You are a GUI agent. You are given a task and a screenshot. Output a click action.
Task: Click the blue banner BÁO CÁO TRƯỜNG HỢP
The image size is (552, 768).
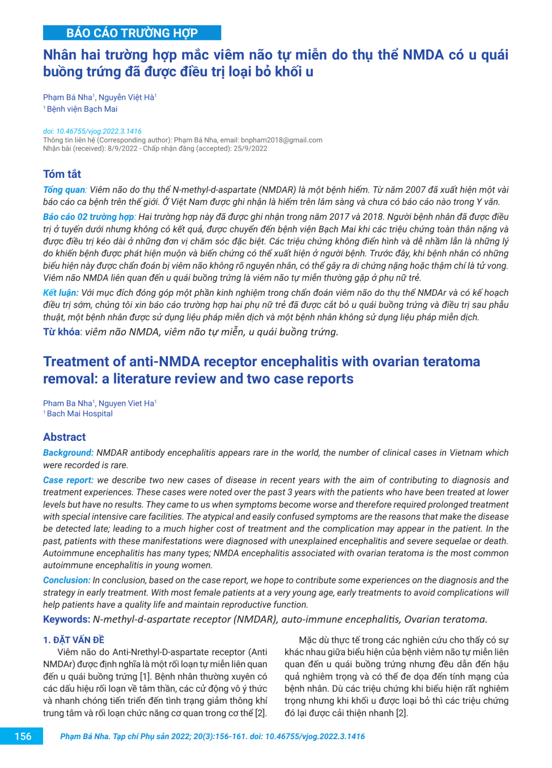[x=132, y=33]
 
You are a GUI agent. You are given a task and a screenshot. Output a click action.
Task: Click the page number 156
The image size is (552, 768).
[x=23, y=737]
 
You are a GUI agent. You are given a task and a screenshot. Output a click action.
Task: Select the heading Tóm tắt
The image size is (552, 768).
[x=62, y=174]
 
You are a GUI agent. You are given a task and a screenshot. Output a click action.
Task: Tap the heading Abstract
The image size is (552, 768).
[x=64, y=437]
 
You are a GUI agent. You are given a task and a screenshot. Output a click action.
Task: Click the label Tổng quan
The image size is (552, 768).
[x=64, y=190]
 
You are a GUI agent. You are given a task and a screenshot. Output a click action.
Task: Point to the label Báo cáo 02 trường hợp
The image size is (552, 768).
[x=89, y=217]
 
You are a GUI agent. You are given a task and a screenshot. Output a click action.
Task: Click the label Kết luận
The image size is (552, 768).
[x=60, y=293]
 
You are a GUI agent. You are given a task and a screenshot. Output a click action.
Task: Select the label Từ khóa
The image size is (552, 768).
[x=61, y=332]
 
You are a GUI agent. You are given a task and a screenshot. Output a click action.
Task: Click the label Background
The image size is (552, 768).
[x=68, y=453]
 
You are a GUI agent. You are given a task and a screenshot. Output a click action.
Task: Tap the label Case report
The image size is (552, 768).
[x=68, y=480]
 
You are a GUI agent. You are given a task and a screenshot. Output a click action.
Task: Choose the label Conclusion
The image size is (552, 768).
[x=66, y=581]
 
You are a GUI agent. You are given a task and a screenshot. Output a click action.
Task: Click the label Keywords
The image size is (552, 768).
[x=66, y=620]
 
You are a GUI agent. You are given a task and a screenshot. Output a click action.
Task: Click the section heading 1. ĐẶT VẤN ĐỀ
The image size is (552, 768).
[x=73, y=640]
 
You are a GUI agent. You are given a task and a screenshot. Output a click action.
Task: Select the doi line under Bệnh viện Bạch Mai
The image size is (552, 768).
[x=92, y=131]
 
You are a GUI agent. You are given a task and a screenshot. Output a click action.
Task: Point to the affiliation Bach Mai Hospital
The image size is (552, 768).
[x=80, y=414]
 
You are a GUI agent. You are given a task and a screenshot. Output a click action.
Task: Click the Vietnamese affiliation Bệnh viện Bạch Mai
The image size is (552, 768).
[x=82, y=109]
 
